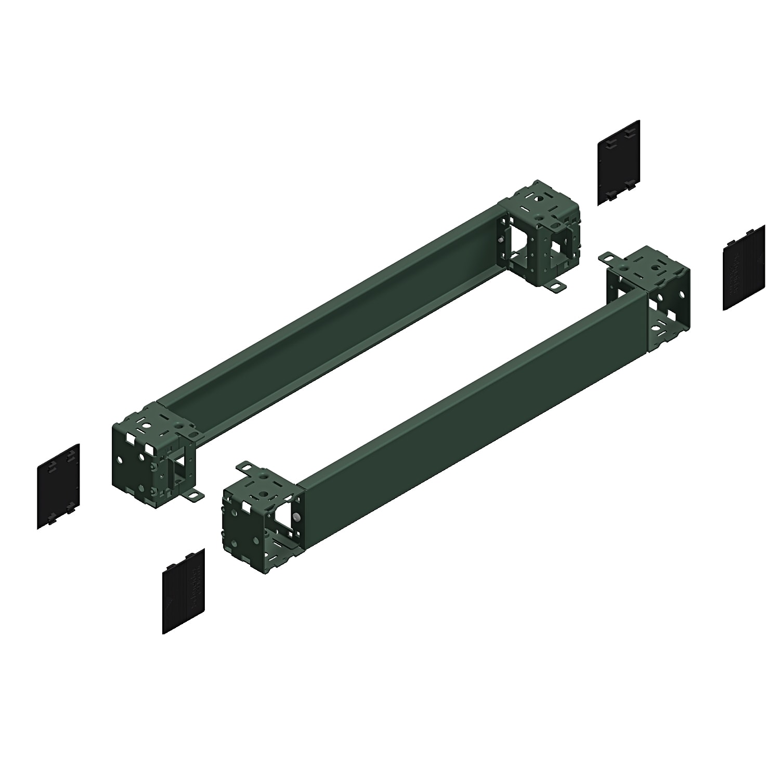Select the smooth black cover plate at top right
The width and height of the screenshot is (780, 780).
[618, 162]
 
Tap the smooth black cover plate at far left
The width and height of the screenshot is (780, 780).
[58, 486]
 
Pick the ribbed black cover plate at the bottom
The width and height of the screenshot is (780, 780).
[183, 591]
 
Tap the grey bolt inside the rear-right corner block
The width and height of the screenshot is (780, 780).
[500, 240]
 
